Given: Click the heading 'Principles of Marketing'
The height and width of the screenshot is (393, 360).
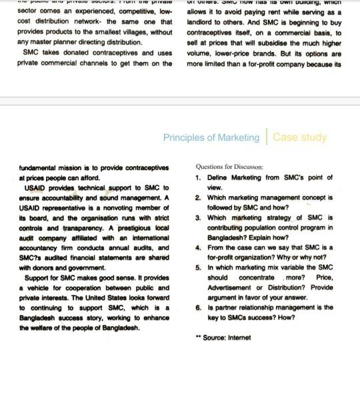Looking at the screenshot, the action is pyautogui.click(x=211, y=137).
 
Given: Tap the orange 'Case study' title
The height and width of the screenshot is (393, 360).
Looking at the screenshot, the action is pyautogui.click(x=300, y=137).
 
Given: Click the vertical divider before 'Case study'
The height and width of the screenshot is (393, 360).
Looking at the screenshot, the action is pyautogui.click(x=265, y=137).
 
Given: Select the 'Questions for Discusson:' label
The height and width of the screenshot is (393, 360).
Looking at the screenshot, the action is pyautogui.click(x=230, y=167).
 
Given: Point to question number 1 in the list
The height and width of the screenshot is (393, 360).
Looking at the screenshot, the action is pyautogui.click(x=199, y=179).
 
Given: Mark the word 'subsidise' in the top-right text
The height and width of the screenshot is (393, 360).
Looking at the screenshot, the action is pyautogui.click(x=280, y=42).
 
